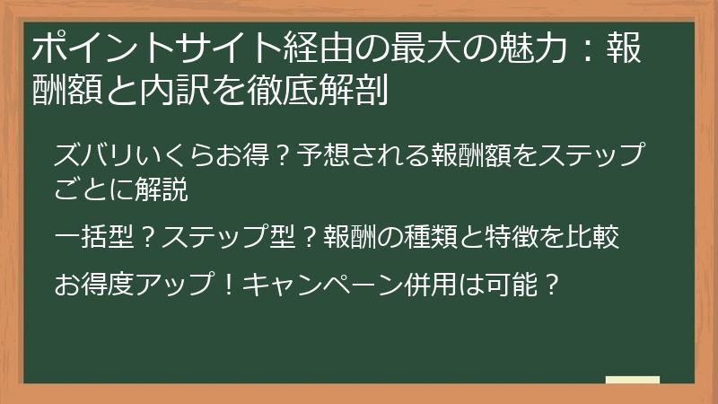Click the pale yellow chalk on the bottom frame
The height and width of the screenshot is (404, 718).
tap(632, 380)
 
